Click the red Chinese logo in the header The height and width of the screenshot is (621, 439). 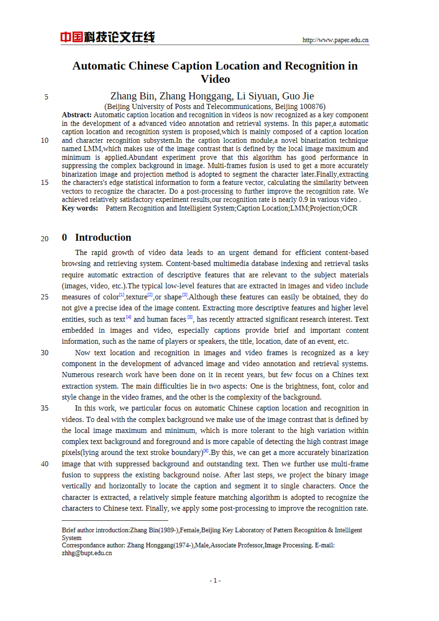pos(107,37)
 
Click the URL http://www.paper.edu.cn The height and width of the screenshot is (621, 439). pos(335,40)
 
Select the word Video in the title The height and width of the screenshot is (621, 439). pos(215,79)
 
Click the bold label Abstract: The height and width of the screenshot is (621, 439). pos(77,115)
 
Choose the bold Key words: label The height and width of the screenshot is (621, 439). pos(80,208)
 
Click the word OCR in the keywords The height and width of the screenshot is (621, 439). pos(349,208)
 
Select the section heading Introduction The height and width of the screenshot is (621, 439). pos(103,237)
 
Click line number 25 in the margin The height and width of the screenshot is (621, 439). pos(44,297)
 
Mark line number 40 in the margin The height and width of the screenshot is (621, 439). pos(44,464)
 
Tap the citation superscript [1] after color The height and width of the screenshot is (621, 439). pos(122,295)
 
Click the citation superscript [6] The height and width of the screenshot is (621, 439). pos(206,451)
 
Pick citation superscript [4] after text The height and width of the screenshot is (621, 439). pos(128,317)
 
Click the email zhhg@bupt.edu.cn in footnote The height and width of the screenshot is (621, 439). pos(87,553)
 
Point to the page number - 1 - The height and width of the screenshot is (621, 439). pos(215,580)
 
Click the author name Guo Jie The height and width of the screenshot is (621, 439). pos(298,96)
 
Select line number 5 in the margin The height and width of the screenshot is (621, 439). pos(46,97)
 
